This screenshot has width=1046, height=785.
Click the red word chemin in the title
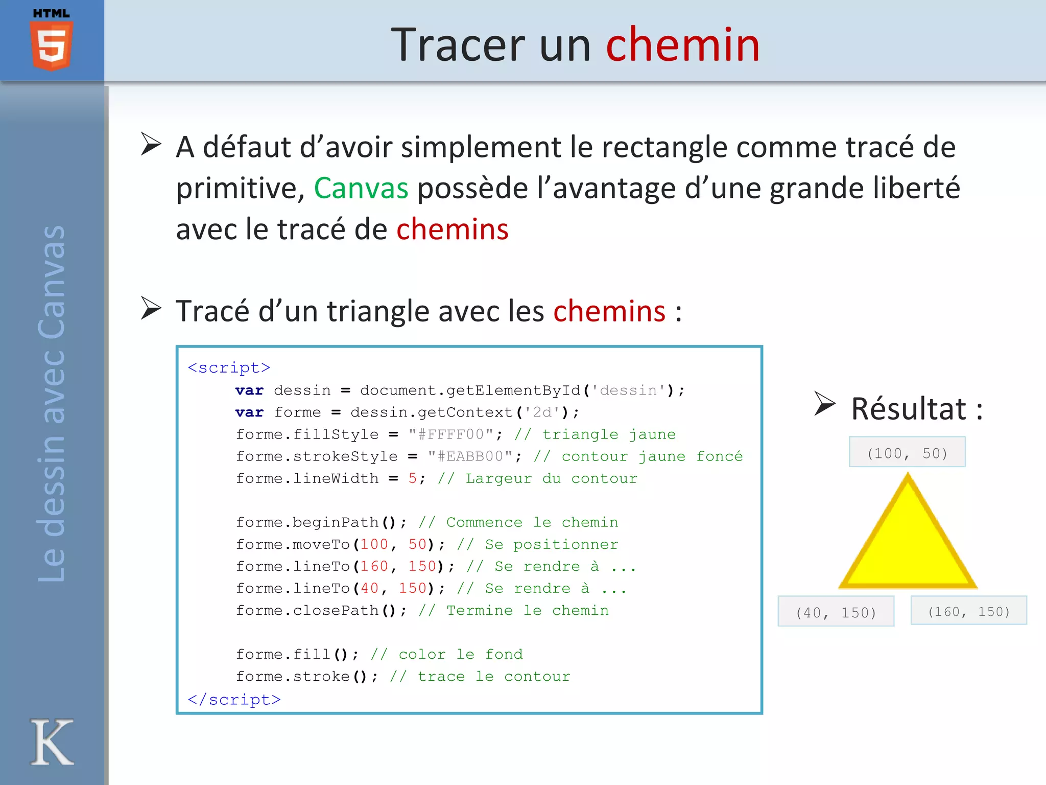[682, 45]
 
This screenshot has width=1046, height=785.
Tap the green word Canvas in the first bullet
[361, 188]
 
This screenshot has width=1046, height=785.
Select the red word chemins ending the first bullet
[452, 229]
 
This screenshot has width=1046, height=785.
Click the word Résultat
[909, 409]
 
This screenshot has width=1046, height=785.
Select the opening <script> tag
[229, 368]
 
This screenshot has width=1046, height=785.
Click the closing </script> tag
[234, 699]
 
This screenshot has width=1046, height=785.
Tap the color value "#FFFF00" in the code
[451, 434]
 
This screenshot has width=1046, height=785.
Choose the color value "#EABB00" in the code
[470, 456]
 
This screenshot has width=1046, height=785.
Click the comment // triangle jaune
[595, 434]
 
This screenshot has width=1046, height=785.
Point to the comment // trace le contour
[480, 677]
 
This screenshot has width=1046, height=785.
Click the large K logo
[52, 742]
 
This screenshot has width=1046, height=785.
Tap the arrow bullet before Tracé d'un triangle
[151, 309]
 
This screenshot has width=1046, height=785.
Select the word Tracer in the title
[458, 45]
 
